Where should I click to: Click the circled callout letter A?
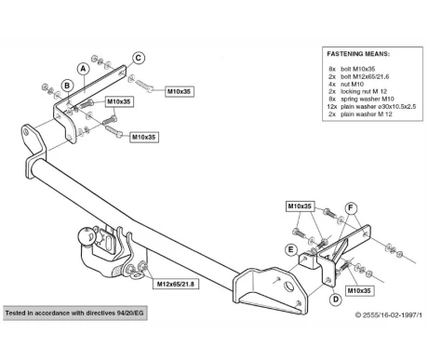(83, 69)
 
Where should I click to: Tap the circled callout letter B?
(67, 86)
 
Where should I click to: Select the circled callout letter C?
(139, 58)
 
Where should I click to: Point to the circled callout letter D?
(336, 300)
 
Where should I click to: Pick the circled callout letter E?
(290, 250)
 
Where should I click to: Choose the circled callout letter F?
(351, 207)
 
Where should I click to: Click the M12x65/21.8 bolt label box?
(176, 284)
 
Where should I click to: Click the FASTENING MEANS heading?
(358, 54)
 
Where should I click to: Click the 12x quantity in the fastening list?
(331, 106)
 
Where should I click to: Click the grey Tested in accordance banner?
(75, 313)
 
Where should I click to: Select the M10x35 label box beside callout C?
(180, 91)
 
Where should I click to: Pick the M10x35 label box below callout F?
(359, 290)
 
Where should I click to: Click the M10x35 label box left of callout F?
(300, 207)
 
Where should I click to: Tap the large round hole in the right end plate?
(289, 286)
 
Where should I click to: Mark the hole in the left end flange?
(26, 132)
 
